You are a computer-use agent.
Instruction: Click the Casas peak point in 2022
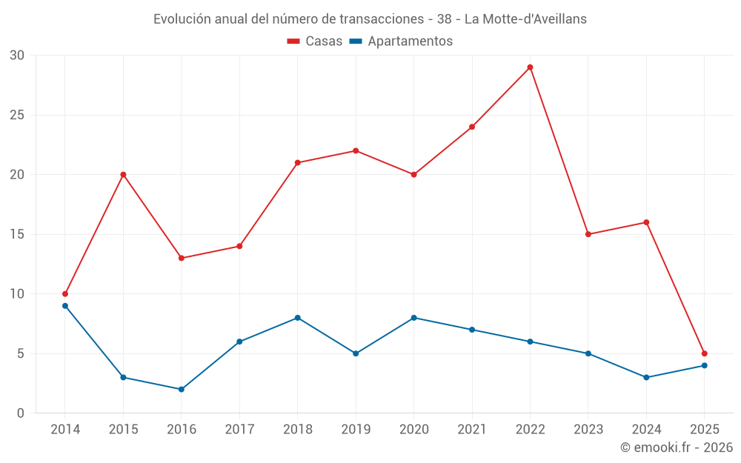530,67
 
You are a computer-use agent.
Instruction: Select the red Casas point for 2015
123,175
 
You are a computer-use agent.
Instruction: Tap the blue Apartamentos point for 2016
181,389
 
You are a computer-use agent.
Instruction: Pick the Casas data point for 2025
704,353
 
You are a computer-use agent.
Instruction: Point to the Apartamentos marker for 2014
65,306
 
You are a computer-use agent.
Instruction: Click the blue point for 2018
297,318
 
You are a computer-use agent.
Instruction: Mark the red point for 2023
588,234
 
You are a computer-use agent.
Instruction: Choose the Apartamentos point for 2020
413,318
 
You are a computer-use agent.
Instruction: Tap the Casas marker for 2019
356,151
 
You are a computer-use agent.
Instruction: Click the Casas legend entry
315,41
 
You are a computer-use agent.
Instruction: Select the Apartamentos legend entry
401,41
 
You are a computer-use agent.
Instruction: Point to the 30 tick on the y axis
17,56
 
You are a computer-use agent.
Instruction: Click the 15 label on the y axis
17,234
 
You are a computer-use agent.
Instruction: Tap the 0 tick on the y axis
21,413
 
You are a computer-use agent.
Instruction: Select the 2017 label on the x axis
239,430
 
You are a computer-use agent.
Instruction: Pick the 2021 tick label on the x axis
472,430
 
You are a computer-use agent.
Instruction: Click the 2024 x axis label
646,430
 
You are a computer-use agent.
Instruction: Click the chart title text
370,19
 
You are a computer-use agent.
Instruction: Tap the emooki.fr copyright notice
676,447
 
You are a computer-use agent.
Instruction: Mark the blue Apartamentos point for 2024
646,377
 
